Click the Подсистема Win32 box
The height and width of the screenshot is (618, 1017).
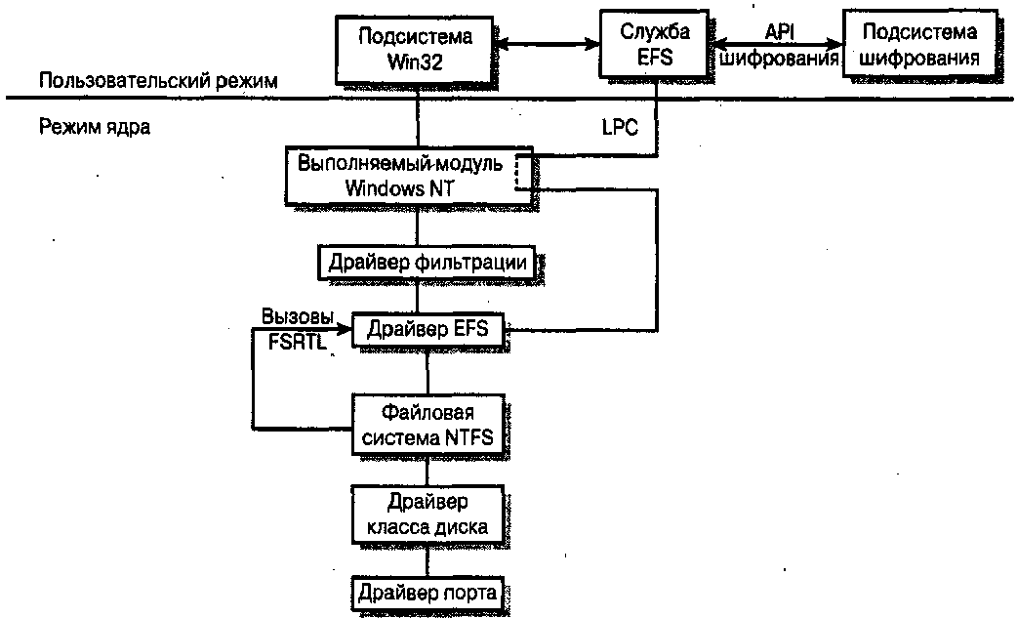[x=415, y=47]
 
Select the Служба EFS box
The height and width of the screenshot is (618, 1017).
[x=655, y=45]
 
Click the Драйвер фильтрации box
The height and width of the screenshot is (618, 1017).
[x=427, y=262]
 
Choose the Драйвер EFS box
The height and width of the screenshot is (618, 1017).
[x=427, y=330]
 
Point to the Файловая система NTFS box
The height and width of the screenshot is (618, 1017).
[x=427, y=422]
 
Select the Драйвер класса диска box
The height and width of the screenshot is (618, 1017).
[x=427, y=515]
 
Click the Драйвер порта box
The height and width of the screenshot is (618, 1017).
[x=427, y=592]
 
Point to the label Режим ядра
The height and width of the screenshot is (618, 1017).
[x=95, y=127]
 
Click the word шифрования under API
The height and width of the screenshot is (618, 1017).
[x=779, y=59]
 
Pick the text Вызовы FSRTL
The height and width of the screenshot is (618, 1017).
[x=298, y=328]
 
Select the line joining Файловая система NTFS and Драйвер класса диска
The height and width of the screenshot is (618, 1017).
[x=427, y=471]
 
